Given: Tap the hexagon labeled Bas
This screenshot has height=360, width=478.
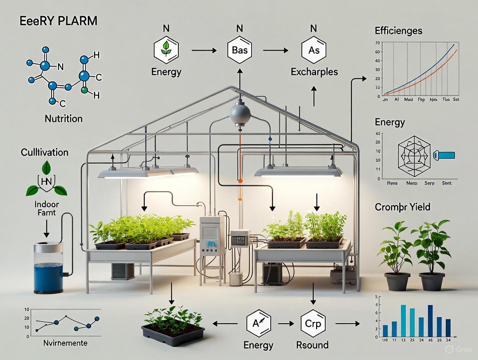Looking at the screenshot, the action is pyautogui.click(x=239, y=51).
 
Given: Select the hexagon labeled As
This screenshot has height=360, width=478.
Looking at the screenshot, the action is pyautogui.click(x=314, y=51).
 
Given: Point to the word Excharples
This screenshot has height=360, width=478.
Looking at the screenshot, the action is pyautogui.click(x=314, y=71).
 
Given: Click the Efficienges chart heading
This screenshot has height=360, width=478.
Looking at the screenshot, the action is pyautogui.click(x=398, y=31).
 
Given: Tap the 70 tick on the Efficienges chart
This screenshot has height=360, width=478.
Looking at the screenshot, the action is pyautogui.click(x=378, y=43).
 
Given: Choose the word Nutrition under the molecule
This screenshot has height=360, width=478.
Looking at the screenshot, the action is pyautogui.click(x=64, y=118).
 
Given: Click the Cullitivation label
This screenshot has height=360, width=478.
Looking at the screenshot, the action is pyautogui.click(x=45, y=152).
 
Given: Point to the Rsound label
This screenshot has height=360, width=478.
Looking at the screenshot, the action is pyautogui.click(x=313, y=345).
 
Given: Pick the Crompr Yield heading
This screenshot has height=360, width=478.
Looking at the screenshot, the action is pyautogui.click(x=403, y=207).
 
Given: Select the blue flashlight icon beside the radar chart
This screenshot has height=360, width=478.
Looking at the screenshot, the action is pyautogui.click(x=444, y=154).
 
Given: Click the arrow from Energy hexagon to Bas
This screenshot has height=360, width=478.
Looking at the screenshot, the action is pyautogui.click(x=203, y=51).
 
